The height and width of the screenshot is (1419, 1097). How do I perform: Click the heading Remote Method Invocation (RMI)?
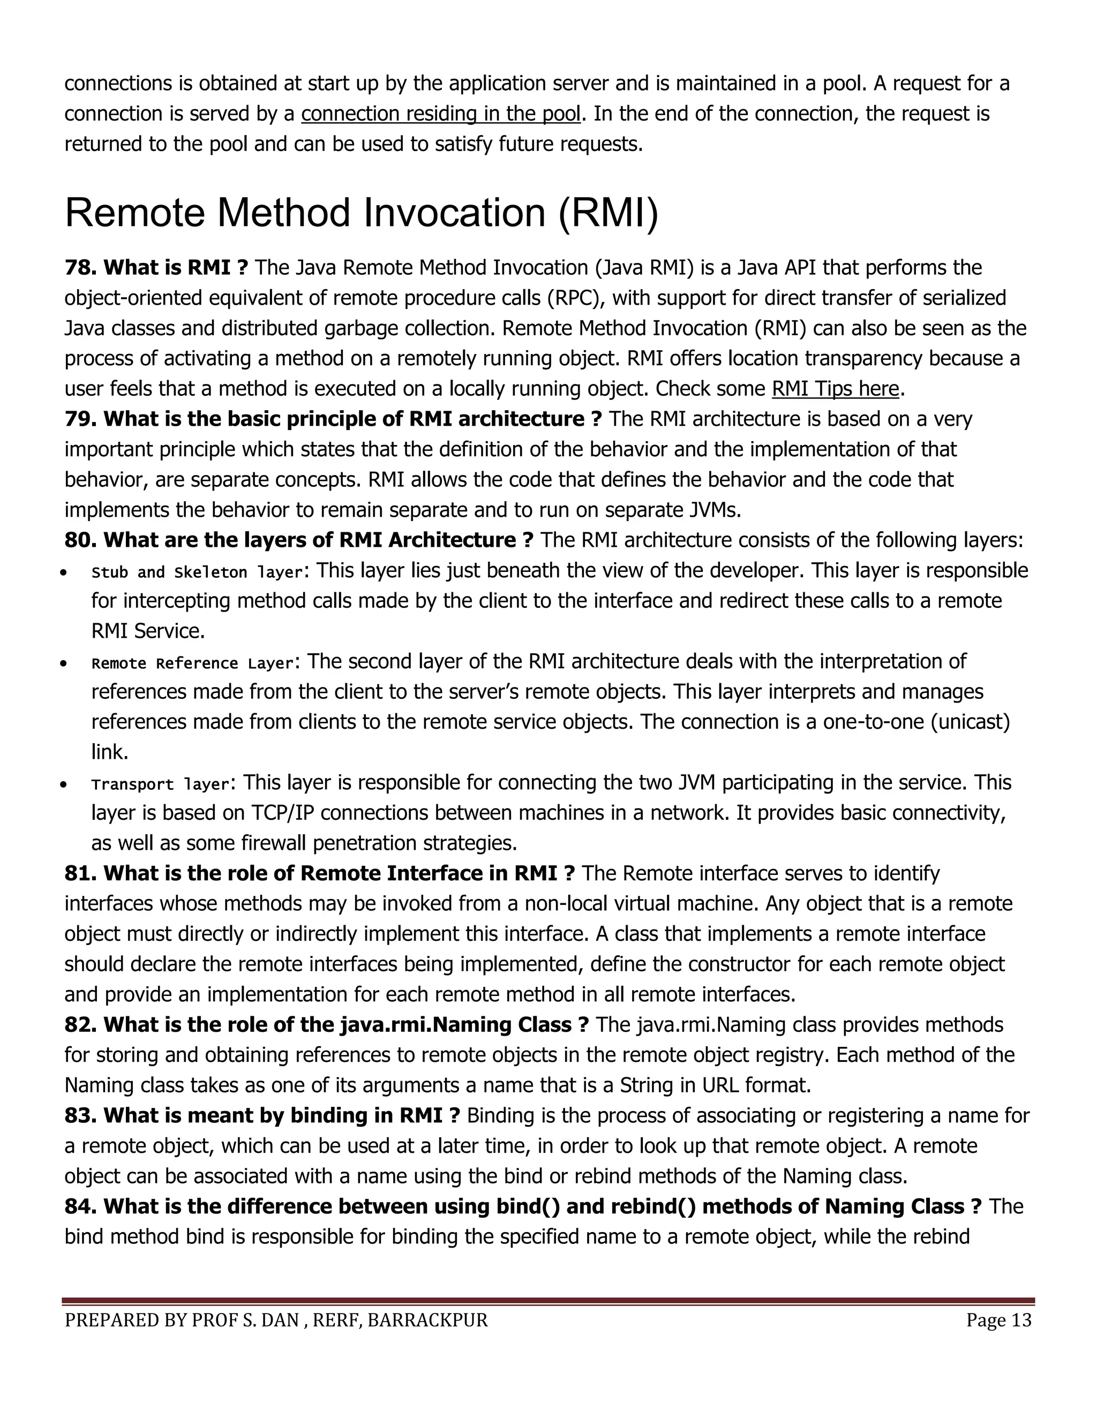pyautogui.click(x=362, y=213)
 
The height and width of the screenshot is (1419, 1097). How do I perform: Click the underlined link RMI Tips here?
pyautogui.click(x=835, y=389)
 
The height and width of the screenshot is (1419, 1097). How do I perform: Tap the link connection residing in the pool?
pyautogui.click(x=440, y=114)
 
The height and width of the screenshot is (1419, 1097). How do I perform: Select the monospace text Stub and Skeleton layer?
pyautogui.click(x=197, y=572)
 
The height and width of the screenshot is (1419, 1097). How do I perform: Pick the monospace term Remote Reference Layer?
pyautogui.click(x=192, y=663)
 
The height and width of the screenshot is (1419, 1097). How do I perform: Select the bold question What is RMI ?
pyautogui.click(x=176, y=268)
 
